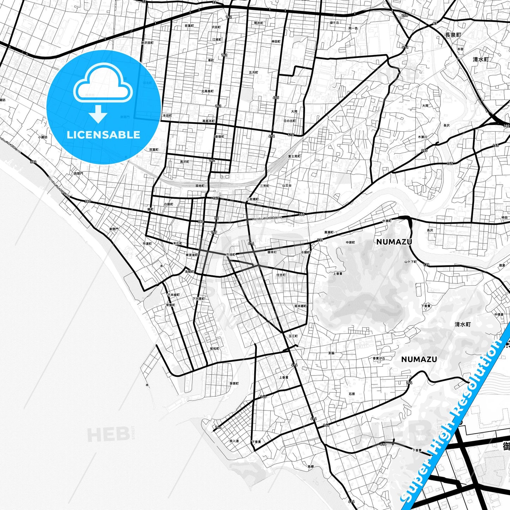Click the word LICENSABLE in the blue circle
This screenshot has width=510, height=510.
103,135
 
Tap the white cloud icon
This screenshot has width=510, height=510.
103,86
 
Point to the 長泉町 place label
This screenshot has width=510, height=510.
453,35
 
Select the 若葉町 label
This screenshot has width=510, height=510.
189,26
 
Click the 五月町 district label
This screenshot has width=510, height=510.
253,72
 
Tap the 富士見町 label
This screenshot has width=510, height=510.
294,156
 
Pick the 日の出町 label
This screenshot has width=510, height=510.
290,121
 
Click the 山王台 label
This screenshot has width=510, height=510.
287,185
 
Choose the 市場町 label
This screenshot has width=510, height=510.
230,254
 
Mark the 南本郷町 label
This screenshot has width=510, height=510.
300,306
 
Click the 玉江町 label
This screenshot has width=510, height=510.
293,336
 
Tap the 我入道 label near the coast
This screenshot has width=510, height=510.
234,441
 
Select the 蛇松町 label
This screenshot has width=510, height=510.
215,348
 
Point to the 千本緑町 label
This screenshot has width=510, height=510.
173,295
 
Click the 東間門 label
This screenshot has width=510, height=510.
114,229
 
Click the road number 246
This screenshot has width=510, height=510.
404,15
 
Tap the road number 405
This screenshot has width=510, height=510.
276,97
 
